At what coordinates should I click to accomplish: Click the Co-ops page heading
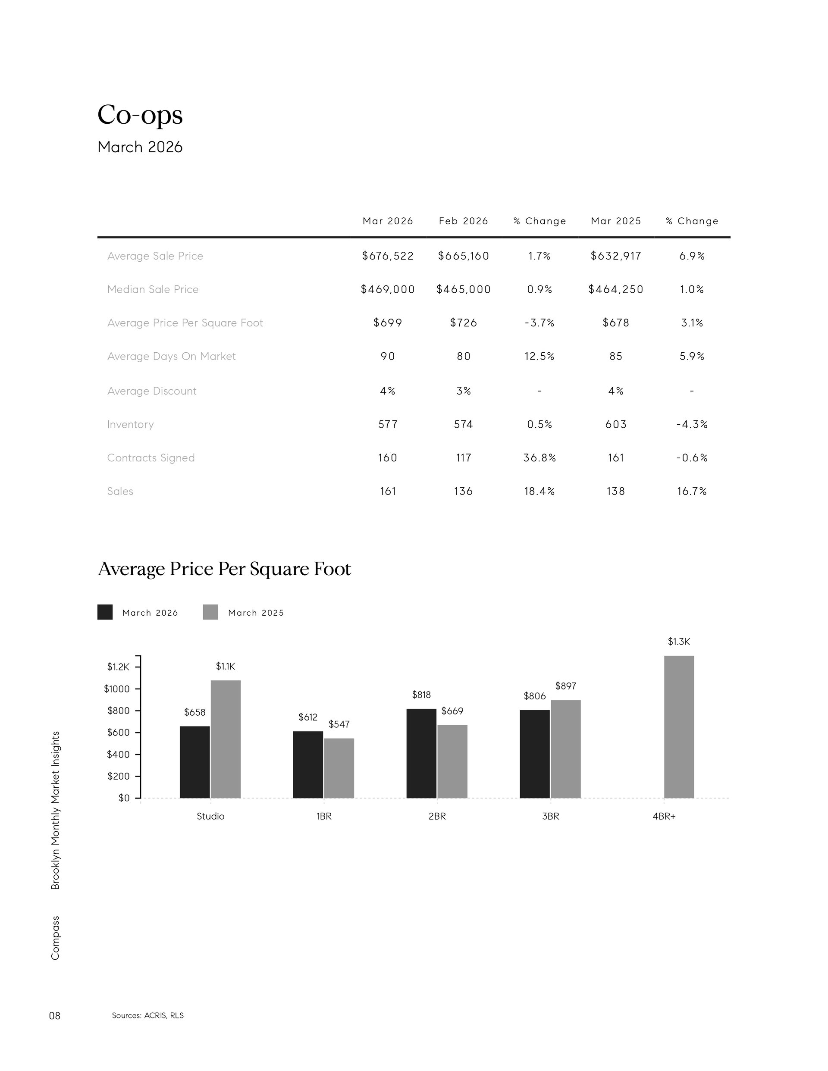(x=140, y=115)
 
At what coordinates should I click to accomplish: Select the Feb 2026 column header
(x=464, y=221)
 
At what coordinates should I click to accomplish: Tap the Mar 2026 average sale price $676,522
(x=388, y=256)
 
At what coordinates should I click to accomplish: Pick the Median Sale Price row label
(x=153, y=289)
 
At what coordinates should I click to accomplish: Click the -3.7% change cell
(x=539, y=323)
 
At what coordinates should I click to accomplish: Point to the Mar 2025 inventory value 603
(x=615, y=424)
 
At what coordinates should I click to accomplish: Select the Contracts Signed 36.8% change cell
(x=539, y=457)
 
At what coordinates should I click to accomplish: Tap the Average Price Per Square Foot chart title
(x=224, y=569)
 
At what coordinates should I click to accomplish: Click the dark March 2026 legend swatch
(x=105, y=613)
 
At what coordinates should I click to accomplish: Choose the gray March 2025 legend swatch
(x=210, y=613)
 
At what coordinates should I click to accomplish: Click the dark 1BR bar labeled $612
(x=308, y=765)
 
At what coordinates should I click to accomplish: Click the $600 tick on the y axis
(x=118, y=733)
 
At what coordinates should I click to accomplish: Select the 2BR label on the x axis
(x=437, y=817)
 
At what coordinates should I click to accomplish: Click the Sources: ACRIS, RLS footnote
(x=147, y=1015)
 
